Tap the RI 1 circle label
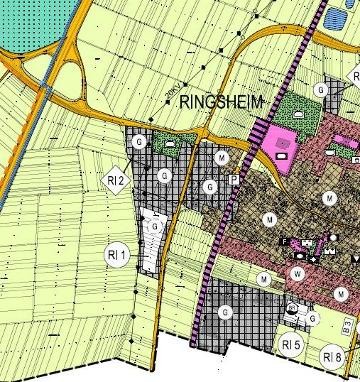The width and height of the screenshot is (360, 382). pos(117,255)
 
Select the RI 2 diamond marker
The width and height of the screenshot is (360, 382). pos(117,181)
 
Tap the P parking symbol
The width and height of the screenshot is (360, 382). pos(235,180)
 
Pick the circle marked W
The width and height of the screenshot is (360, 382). pos(297,272)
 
